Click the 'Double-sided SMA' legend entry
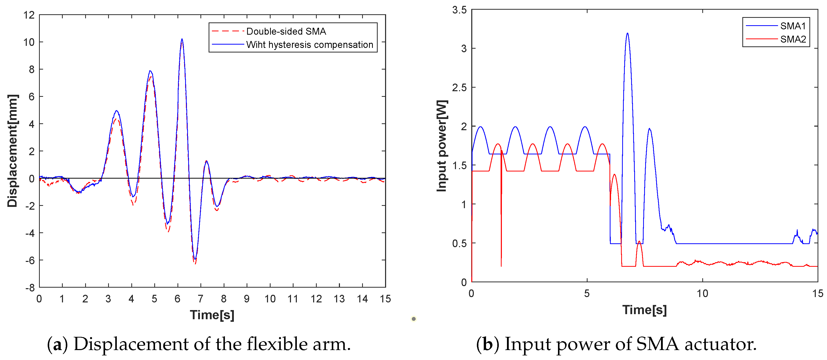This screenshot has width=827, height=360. (286, 31)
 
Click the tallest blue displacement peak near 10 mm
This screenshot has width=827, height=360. (182, 39)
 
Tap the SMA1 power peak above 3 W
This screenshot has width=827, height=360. (627, 33)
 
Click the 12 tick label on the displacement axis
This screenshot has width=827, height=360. (29, 15)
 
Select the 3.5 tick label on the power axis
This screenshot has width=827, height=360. (459, 10)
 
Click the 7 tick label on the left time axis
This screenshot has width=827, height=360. (200, 299)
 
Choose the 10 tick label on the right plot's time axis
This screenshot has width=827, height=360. (702, 293)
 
